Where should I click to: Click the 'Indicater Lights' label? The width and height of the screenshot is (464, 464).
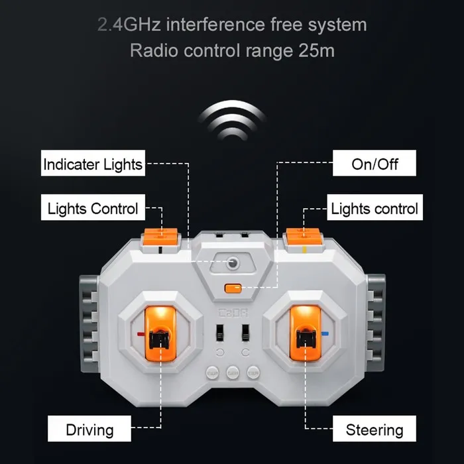click(93, 163)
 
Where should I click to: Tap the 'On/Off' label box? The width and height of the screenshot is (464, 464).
click(375, 163)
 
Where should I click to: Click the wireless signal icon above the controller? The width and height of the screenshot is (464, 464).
click(233, 120)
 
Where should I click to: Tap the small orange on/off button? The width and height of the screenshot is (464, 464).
click(233, 288)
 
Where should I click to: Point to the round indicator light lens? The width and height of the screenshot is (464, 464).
click(233, 262)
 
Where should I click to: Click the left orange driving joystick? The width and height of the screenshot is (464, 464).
click(160, 333)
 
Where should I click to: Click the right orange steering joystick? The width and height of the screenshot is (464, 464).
click(305, 333)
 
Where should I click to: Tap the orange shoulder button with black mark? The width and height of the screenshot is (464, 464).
click(160, 237)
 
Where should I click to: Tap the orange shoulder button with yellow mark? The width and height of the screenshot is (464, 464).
click(303, 237)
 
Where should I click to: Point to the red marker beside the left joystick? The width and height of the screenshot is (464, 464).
click(141, 334)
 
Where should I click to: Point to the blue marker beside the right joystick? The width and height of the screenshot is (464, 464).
click(325, 334)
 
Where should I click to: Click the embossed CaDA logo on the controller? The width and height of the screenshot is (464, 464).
click(233, 313)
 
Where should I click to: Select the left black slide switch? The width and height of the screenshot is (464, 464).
click(219, 333)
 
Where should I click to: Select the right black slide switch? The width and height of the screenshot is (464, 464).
click(245, 333)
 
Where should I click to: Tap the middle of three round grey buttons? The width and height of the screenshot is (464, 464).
click(233, 373)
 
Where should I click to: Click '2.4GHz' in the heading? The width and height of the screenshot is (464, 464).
click(129, 25)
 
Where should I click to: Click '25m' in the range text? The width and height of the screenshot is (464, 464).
click(316, 50)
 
